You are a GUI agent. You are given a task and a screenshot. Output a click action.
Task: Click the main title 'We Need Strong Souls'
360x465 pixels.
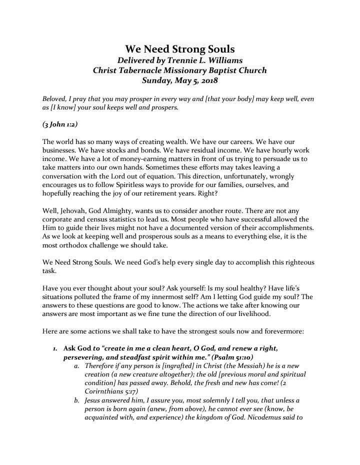[179, 49]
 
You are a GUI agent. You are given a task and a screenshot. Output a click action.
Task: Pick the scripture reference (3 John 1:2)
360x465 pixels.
[59, 123]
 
